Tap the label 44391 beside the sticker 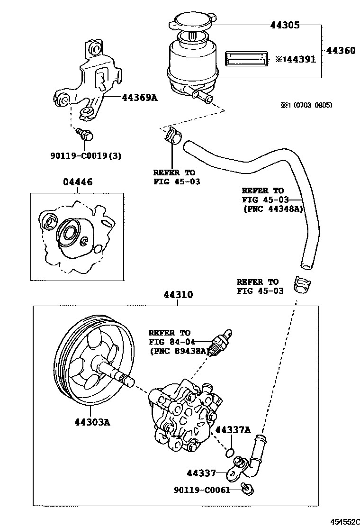coord(298,59)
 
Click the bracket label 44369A coord(139,98)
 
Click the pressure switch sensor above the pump coord(222,341)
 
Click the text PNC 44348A coord(272,209)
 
